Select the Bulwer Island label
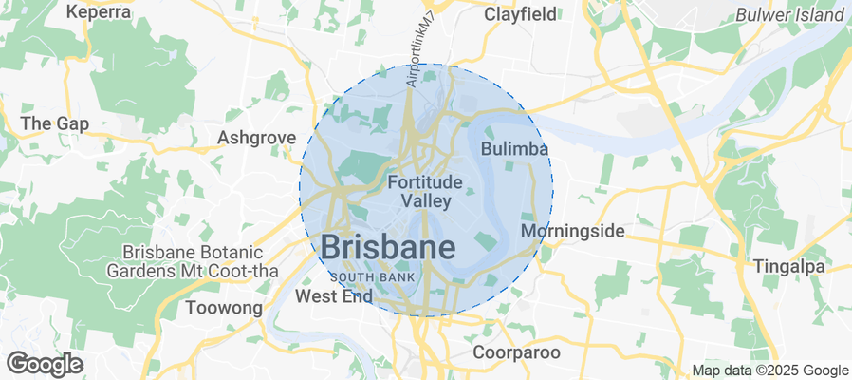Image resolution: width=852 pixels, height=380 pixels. point(788,14)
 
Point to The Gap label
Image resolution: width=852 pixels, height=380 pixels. point(54,123)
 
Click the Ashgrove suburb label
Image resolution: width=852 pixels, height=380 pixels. point(256,138)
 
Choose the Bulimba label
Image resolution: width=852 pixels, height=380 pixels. point(515,150)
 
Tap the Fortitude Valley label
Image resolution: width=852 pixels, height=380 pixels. point(425,190)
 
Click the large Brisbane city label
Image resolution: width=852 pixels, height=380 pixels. point(388,246)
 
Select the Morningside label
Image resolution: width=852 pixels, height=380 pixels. point(573,231)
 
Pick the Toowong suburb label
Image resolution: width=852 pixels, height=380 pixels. point(223,308)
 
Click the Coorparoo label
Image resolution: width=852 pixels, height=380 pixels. point(516,352)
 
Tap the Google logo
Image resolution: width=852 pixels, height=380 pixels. point(45,363)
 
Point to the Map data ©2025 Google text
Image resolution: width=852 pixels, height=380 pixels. point(769,370)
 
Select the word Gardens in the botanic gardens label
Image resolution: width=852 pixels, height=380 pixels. point(151,271)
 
